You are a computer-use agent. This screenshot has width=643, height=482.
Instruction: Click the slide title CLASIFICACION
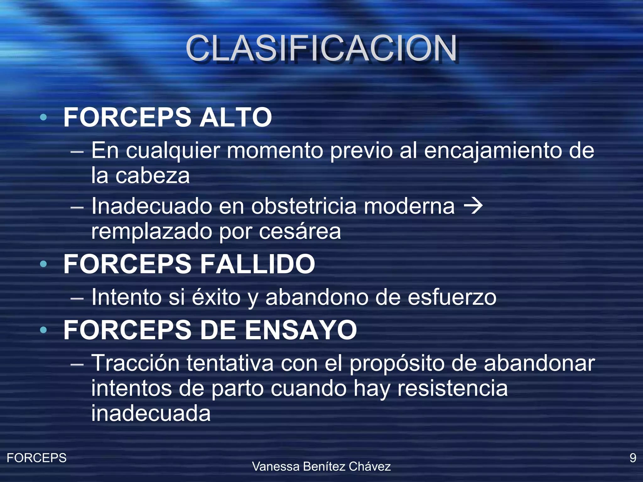click(x=321, y=48)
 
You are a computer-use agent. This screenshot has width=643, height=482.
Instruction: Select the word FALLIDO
click(x=257, y=264)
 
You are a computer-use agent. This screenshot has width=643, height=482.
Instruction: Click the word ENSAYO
click(x=300, y=330)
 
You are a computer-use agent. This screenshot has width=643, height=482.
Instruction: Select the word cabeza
click(x=153, y=176)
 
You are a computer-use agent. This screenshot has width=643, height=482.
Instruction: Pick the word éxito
click(x=216, y=297)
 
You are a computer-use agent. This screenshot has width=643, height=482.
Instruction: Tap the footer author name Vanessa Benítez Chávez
click(x=321, y=467)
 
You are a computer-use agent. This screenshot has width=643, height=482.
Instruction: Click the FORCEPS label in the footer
click(x=36, y=458)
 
